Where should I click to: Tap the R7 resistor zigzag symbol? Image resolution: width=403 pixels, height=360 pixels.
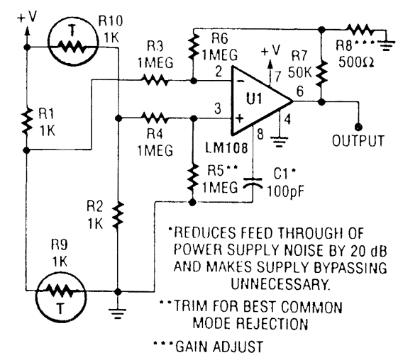tap(323, 72)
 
